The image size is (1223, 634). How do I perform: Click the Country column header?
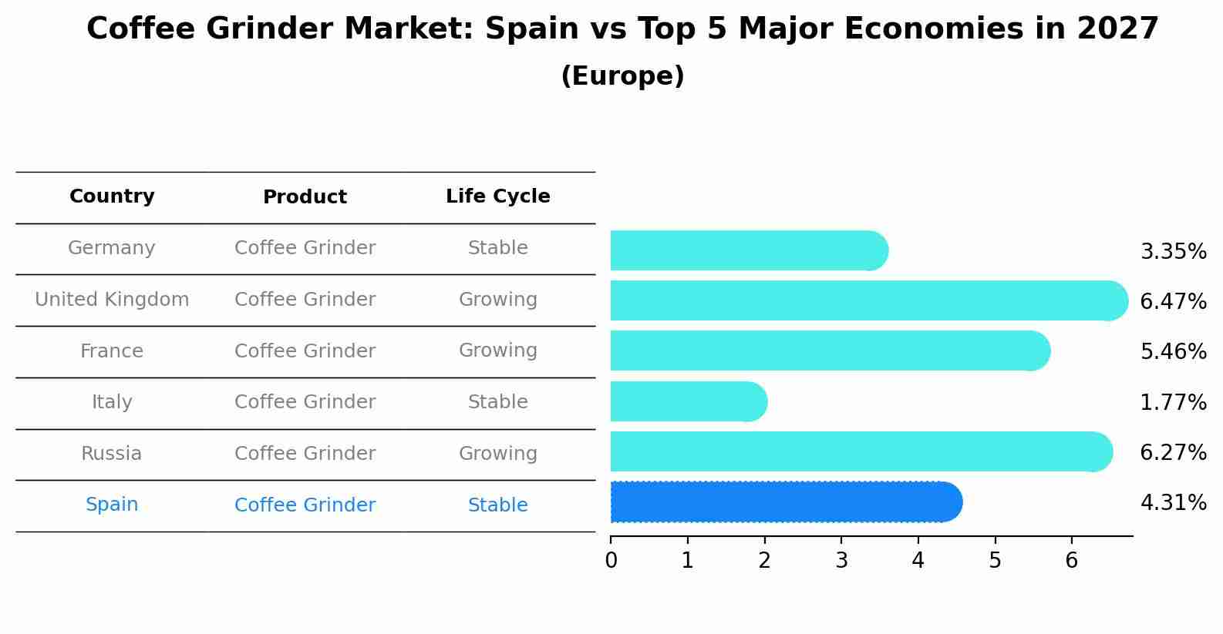pos(112,196)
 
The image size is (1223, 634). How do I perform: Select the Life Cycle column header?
pos(497,196)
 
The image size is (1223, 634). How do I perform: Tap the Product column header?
pos(305,197)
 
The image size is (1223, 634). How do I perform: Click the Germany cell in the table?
pos(112,248)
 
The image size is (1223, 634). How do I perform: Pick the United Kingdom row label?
pos(112,300)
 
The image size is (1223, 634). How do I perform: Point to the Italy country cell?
pos(112,402)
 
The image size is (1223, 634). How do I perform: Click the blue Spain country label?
pos(112,505)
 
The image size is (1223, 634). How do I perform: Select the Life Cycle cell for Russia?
pos(497,454)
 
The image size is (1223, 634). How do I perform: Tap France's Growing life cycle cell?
pos(497,351)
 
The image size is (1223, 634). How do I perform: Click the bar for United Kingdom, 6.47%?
pos(864,300)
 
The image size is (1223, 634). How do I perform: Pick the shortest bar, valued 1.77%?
pos(686,401)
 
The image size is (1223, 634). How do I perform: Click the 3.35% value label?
pos(1173,252)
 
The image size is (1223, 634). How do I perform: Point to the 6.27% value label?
pos(1173,452)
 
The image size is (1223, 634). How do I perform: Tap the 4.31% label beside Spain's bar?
pos(1173,503)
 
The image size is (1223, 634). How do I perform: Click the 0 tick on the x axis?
pos(611,560)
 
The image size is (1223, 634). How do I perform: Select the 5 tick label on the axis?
pos(995,560)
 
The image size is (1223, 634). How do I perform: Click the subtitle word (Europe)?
pos(622,76)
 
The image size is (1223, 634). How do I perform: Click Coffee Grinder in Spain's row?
pos(305,505)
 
